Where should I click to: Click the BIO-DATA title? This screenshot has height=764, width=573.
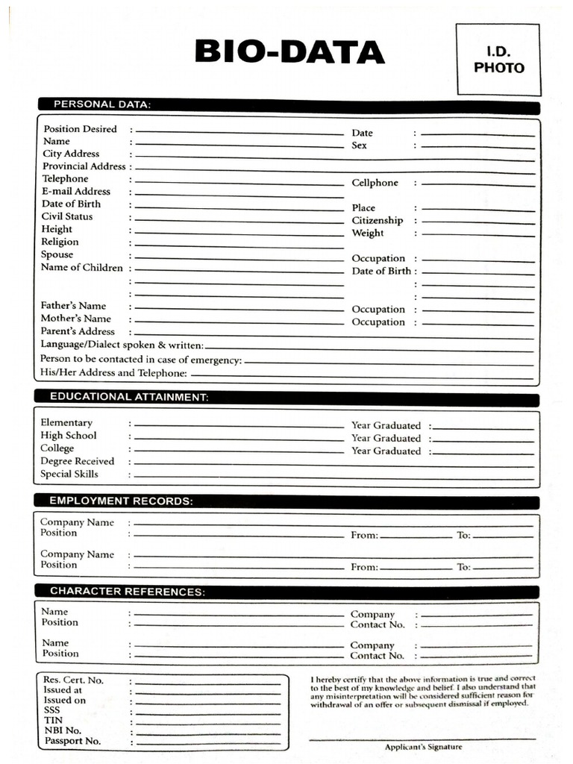pyautogui.click(x=289, y=53)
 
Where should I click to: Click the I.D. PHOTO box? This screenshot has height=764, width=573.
pyautogui.click(x=498, y=60)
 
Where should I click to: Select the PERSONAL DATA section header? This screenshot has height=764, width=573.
pyautogui.click(x=101, y=104)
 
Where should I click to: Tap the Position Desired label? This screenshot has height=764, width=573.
pyautogui.click(x=80, y=129)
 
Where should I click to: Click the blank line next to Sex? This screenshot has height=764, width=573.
pyautogui.click(x=477, y=147)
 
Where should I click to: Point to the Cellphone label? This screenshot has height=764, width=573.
pyautogui.click(x=375, y=183)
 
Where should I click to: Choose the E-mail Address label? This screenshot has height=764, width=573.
pyautogui.click(x=76, y=192)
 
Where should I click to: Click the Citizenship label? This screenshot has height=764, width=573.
pyautogui.click(x=377, y=221)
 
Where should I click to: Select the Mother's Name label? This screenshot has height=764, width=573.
pyautogui.click(x=75, y=319)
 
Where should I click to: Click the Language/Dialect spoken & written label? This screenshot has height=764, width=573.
pyautogui.click(x=122, y=345)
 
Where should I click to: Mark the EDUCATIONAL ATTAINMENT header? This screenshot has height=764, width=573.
pyautogui.click(x=128, y=397)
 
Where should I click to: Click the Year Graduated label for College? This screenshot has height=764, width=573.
pyautogui.click(x=386, y=451)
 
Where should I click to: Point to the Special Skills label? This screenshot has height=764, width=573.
pyautogui.click(x=69, y=474)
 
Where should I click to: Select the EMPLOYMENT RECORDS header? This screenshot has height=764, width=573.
pyautogui.click(x=121, y=501)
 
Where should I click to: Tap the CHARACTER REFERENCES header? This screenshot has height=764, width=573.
pyautogui.click(x=127, y=592)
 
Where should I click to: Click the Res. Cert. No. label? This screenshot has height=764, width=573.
pyautogui.click(x=73, y=680)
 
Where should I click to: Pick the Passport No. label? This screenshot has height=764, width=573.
pyautogui.click(x=72, y=742)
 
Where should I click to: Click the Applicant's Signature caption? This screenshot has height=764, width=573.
pyautogui.click(x=423, y=747)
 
